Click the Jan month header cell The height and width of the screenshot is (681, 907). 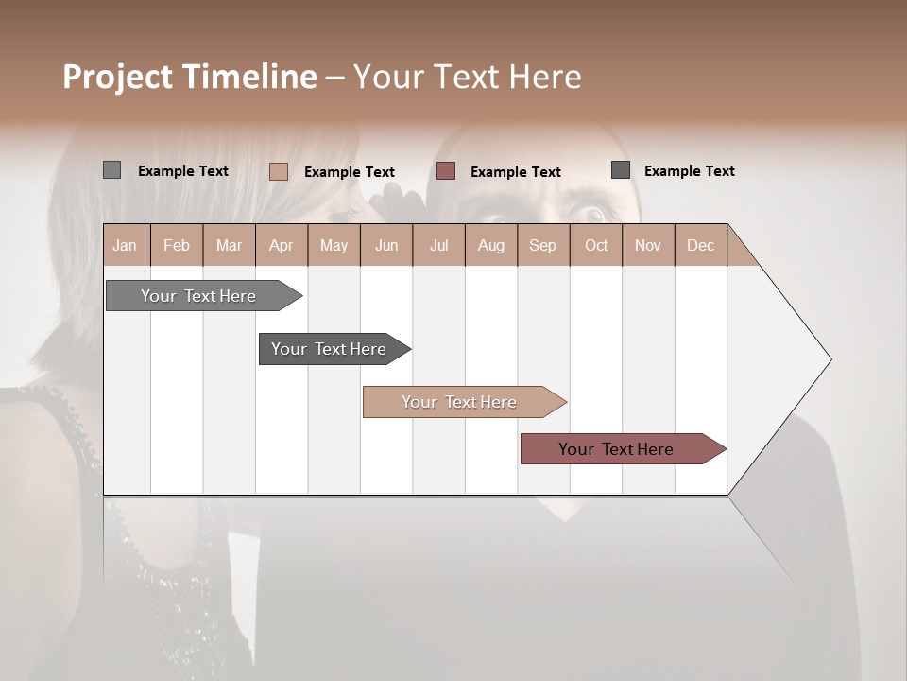coord(126,245)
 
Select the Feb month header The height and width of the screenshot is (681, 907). coord(177,245)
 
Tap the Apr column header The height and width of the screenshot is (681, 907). coord(282,245)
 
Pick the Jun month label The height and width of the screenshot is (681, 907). coord(386,245)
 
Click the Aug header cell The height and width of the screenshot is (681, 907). coord(491,245)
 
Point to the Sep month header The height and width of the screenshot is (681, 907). coord(543,245)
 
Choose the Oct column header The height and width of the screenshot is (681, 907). coord(596,245)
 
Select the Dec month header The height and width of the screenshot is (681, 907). coord(701,245)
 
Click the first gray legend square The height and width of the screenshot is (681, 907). coord(111,170)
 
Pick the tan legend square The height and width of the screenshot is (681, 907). coord(278,171)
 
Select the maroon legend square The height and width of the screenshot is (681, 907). coord(446,171)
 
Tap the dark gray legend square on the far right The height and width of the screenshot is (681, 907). coord(621,170)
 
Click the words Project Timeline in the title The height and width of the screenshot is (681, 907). coord(189,77)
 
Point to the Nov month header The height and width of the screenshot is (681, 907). coord(648,245)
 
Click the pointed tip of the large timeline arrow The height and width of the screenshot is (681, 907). coord(828,359)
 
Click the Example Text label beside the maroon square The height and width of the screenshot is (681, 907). coord(516,172)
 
